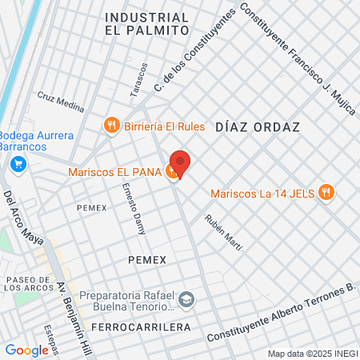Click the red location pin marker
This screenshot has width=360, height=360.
(180, 163)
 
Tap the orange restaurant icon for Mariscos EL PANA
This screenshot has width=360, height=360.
(171, 170)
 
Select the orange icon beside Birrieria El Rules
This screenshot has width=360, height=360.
(112, 125)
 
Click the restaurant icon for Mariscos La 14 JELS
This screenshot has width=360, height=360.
(326, 193)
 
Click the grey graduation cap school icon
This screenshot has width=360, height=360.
(186, 299)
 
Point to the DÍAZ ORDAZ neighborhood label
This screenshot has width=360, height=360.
(256, 127)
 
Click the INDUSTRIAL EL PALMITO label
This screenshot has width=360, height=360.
(146, 23)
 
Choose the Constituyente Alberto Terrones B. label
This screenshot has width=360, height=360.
(280, 313)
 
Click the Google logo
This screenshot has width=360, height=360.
(26, 350)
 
